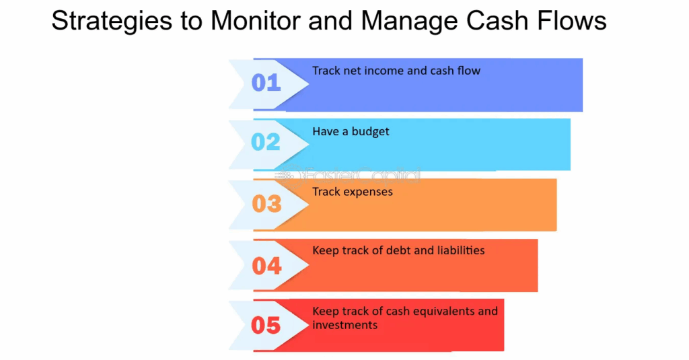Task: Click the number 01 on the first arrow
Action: [266, 83]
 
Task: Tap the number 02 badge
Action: [266, 142]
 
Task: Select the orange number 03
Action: [266, 203]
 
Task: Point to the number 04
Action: [266, 266]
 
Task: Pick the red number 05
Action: [266, 326]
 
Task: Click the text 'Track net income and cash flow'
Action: [396, 71]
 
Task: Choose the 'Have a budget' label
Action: [351, 132]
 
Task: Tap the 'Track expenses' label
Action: [352, 192]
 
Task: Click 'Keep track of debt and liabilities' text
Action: [398, 250]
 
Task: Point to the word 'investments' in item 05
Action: [344, 326]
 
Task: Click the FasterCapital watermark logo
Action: [350, 176]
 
